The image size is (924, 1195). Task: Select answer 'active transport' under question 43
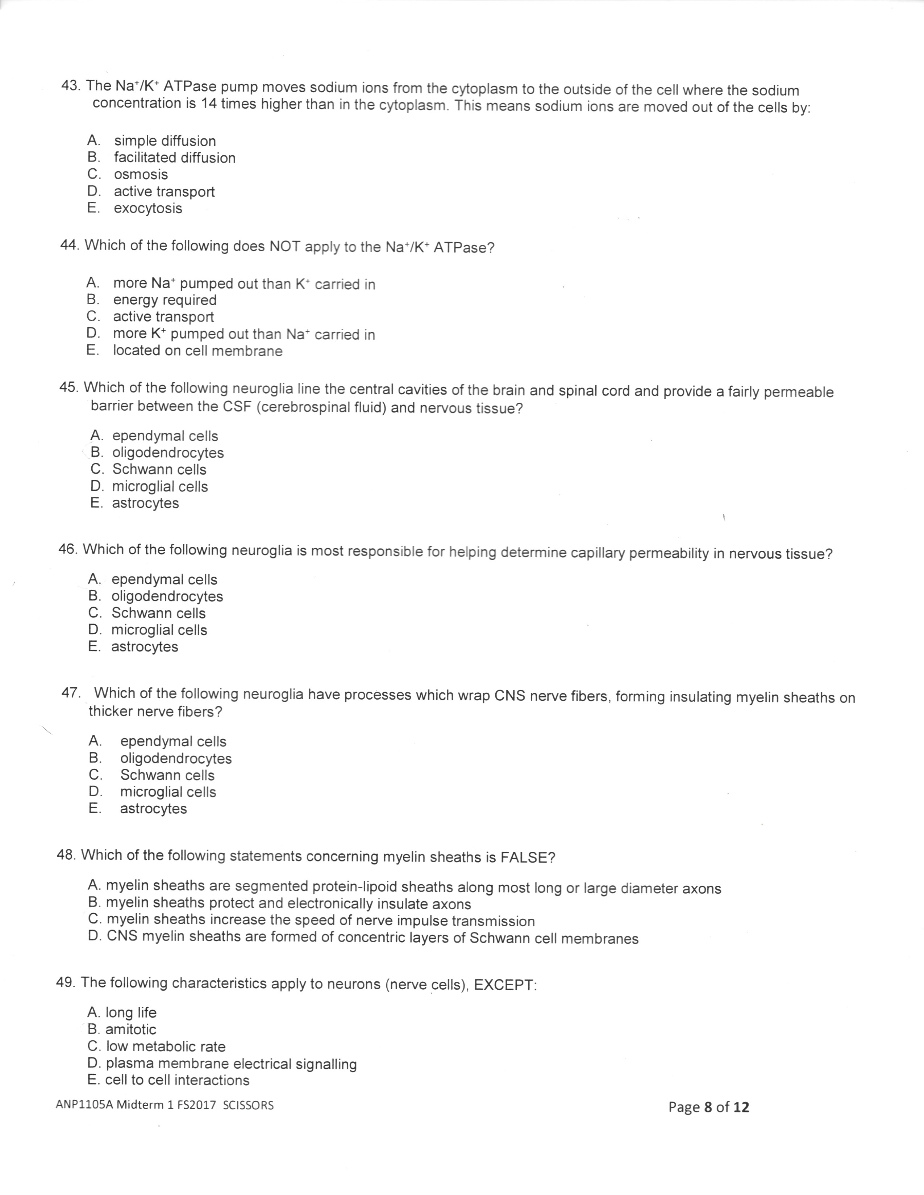(x=164, y=192)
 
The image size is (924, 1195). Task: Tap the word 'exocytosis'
(x=148, y=209)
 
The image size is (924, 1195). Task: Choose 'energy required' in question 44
(x=165, y=300)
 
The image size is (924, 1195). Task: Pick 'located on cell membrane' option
(x=197, y=351)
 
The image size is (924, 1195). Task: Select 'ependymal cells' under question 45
(x=165, y=436)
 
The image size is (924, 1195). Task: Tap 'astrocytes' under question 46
(x=145, y=647)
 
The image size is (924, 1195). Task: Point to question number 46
(x=67, y=549)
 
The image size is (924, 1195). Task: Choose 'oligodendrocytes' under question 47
(x=176, y=758)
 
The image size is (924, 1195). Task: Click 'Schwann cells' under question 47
(x=167, y=775)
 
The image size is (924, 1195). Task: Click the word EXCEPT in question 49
(x=503, y=985)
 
